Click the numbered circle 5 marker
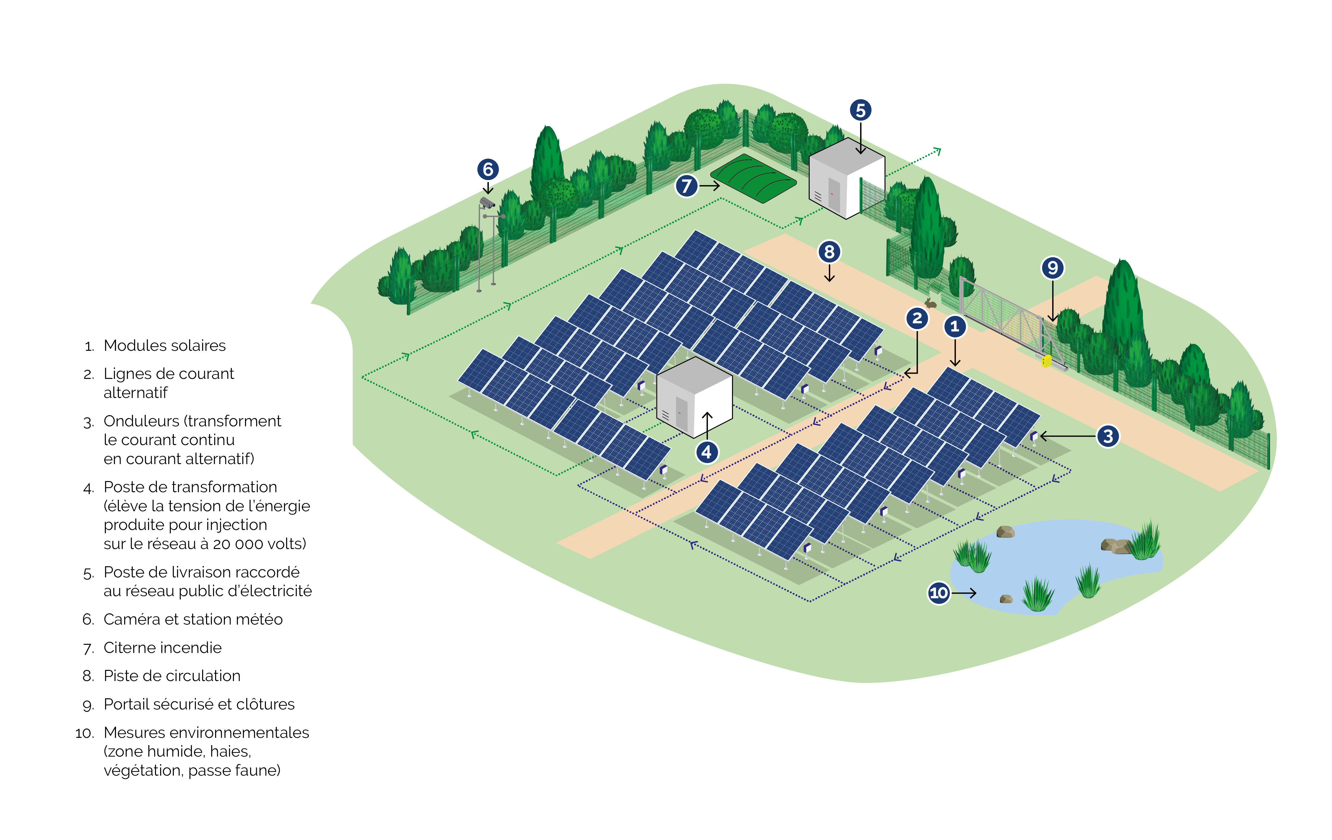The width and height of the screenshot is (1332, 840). tap(860, 110)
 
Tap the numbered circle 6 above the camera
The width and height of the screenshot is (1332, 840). tap(488, 169)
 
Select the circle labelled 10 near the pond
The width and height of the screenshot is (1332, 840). tap(939, 593)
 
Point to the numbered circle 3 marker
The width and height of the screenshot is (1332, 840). tap(1108, 436)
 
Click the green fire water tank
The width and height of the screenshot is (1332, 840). tap(753, 178)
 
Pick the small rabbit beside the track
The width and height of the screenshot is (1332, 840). tap(930, 303)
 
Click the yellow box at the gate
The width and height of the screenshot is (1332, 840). tap(1046, 361)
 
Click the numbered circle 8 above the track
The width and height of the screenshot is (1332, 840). tap(829, 252)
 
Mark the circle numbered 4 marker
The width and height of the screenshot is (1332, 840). tap(706, 452)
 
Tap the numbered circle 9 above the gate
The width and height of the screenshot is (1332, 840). tap(1053, 268)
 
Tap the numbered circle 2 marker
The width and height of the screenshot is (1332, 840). tap(917, 318)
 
